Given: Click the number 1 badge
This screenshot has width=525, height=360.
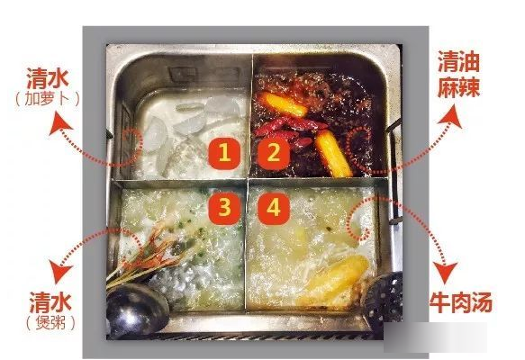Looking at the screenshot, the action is point(224,154).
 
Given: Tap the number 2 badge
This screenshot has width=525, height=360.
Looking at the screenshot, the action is point(273,154).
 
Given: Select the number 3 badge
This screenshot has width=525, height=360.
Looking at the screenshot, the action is point(224,208).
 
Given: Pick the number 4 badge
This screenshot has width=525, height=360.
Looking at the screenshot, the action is point(273,208).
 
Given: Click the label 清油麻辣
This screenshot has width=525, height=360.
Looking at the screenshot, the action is point(458,75).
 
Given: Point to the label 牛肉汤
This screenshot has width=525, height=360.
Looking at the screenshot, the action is point(460,302).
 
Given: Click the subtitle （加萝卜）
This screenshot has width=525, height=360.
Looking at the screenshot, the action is point(47,98).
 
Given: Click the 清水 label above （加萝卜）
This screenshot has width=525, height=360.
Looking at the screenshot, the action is point(47,77).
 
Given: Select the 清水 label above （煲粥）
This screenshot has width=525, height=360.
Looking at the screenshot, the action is point(50,301).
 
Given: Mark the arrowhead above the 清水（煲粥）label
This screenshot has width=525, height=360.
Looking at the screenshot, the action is point(61,270).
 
